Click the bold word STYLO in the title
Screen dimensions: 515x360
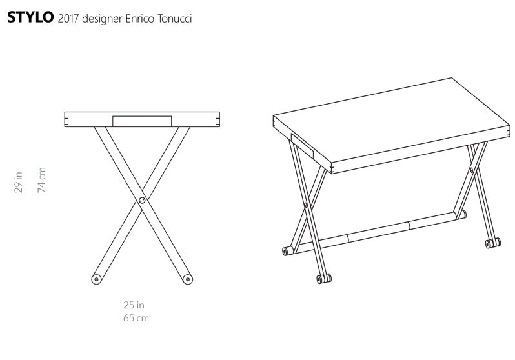coord(30,17)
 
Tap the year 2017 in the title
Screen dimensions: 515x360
coord(68,19)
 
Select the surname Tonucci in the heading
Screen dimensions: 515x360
coord(174,19)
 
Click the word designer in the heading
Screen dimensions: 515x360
coord(102,19)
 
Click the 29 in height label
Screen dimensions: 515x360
coord(19,182)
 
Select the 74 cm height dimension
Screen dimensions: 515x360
coord(41,179)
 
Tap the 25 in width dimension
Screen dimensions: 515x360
coord(134,305)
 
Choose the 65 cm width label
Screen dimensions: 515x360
coord(136,318)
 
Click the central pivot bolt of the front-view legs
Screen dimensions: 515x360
coord(142,200)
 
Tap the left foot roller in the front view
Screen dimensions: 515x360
coord(96,279)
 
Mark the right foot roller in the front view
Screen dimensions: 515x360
coord(188,279)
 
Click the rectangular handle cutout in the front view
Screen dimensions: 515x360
coord(142,121)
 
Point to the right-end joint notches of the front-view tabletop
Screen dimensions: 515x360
coord(217,119)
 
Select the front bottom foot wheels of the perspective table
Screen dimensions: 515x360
coord(324,279)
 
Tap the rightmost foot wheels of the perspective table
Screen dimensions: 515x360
coord(493,243)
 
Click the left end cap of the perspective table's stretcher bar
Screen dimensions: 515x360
coord(287,251)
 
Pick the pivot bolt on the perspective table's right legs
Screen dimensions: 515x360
coord(472,170)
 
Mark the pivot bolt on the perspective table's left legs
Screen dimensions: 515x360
coord(306,205)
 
